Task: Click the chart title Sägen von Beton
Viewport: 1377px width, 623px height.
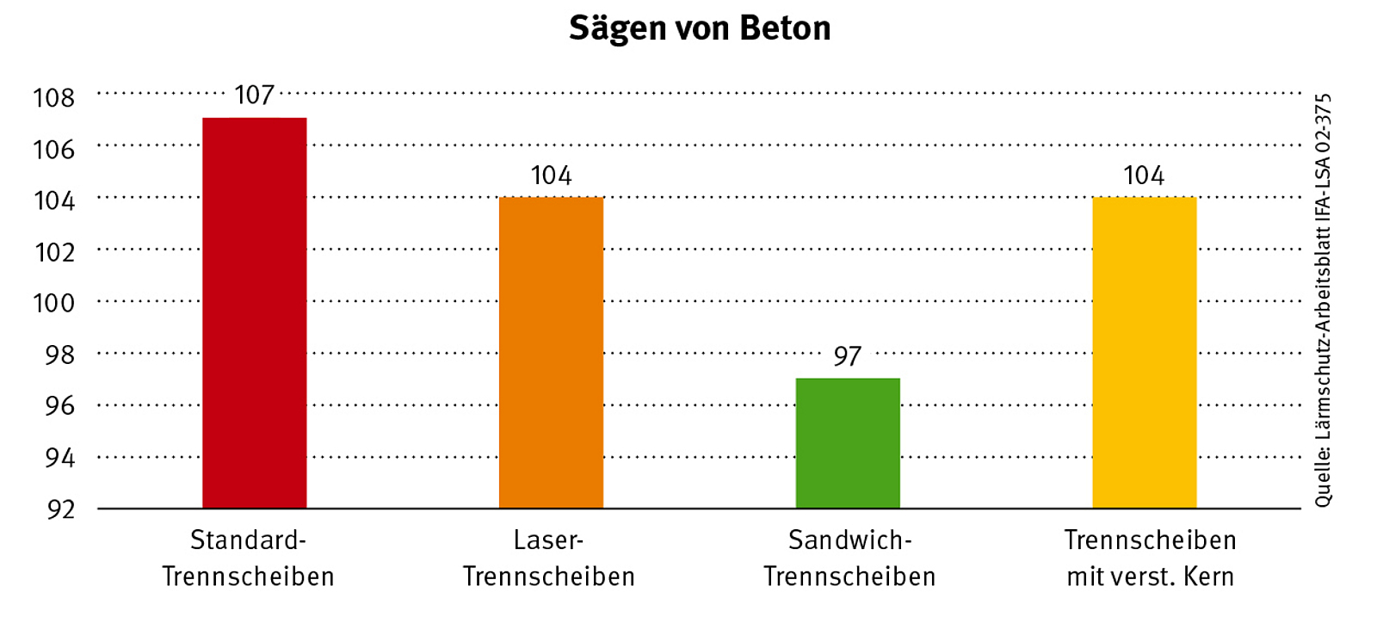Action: (x=700, y=28)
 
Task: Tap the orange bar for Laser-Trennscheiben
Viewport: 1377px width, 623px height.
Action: (x=551, y=353)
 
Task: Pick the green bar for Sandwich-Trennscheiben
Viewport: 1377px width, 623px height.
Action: (x=848, y=443)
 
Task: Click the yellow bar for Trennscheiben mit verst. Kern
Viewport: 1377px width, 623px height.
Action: (x=1144, y=353)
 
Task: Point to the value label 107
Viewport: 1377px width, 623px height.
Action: (x=255, y=95)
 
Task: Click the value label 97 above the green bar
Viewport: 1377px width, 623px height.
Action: (x=847, y=356)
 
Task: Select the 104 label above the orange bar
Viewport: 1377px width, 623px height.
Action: (x=551, y=176)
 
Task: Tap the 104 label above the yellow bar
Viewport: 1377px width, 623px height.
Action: (x=1144, y=176)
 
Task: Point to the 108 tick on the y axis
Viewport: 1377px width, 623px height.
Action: (x=54, y=98)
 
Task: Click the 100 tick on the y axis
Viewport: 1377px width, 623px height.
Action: (x=54, y=303)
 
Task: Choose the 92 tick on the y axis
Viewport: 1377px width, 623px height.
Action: (x=60, y=509)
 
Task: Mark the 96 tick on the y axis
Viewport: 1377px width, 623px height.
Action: (x=60, y=405)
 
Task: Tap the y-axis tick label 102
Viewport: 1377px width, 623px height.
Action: (x=54, y=252)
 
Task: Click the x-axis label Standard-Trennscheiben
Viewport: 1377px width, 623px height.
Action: (x=248, y=558)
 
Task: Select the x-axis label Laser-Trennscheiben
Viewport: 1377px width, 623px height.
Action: (x=549, y=558)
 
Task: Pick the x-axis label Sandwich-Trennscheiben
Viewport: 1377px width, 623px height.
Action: (x=849, y=558)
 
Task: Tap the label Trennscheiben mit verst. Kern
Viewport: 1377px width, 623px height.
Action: (x=1151, y=558)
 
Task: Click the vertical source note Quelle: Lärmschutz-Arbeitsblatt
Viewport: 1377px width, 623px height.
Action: (x=1323, y=300)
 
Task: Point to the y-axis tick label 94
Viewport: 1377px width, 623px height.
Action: (x=60, y=458)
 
